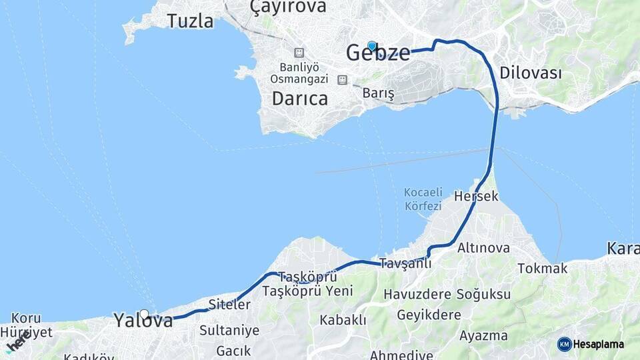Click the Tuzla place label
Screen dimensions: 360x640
(x=191, y=21)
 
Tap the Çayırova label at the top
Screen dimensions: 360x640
(x=288, y=7)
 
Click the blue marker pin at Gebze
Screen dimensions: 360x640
(x=372, y=46)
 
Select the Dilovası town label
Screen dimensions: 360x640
(x=531, y=73)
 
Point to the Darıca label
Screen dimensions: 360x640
(x=300, y=99)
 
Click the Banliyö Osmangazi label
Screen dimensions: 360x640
(x=299, y=73)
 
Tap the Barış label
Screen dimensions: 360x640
(x=379, y=94)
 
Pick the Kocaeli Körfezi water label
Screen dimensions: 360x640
(x=423, y=199)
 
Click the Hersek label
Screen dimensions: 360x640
(x=476, y=196)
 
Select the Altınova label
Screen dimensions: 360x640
(x=483, y=248)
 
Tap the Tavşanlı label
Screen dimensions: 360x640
(x=405, y=263)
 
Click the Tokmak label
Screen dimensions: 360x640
(x=543, y=269)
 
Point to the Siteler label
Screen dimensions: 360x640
(x=229, y=305)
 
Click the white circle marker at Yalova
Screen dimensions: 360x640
(x=144, y=314)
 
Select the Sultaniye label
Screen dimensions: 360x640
(x=229, y=330)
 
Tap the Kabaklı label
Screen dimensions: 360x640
(x=343, y=320)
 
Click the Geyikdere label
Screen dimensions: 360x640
(x=429, y=315)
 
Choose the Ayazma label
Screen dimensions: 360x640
(x=483, y=335)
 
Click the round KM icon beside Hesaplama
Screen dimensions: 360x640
(x=564, y=344)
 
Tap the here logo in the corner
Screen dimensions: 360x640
(x=18, y=343)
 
